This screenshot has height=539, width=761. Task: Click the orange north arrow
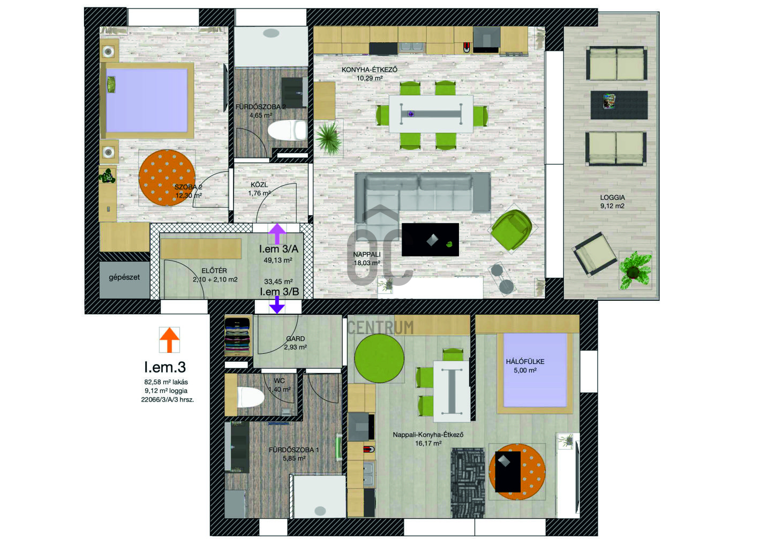pos(170,340)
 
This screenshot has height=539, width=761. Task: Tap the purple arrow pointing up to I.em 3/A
pos(277,234)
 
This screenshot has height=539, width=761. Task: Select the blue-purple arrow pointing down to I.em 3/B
pos(277,305)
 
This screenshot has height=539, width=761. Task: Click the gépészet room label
pos(124,277)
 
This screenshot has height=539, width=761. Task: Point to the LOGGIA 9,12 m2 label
pos(612,201)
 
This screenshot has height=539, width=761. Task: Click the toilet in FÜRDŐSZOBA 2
pos(287,130)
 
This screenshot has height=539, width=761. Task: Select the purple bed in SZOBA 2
pos(147,101)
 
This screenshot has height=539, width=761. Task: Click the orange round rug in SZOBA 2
pos(167,178)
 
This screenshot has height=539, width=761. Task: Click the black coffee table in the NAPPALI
pos(430,239)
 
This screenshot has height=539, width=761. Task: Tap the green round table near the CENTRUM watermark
pos(379,358)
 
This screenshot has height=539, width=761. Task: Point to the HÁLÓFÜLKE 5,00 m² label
pos(525,366)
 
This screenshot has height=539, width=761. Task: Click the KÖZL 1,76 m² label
pos(259,189)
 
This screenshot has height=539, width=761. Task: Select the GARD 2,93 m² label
pos(295,343)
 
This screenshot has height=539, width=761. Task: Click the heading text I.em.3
pos(165,367)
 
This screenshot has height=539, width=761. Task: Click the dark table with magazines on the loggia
pos(619,105)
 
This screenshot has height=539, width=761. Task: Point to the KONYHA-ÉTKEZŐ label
pos(370,70)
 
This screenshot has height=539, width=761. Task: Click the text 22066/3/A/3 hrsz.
pos(168,400)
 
